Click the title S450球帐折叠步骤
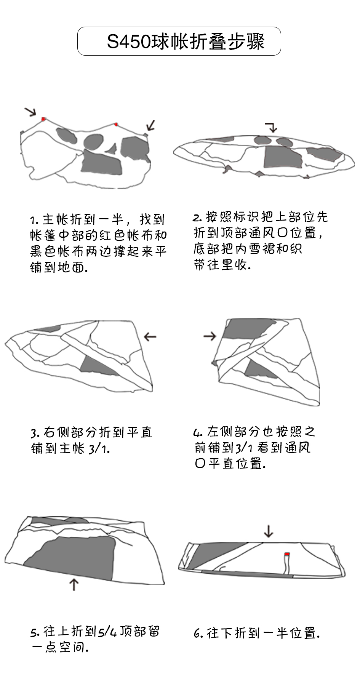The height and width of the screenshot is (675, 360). pyautogui.click(x=186, y=42)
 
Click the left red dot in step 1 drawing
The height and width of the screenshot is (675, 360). pyautogui.click(x=44, y=119)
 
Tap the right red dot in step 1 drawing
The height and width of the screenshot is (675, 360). pyautogui.click(x=116, y=124)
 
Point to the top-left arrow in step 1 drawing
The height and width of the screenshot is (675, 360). pyautogui.click(x=30, y=112)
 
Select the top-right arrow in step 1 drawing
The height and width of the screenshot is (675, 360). pyautogui.click(x=151, y=125)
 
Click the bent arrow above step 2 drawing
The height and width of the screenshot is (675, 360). pyautogui.click(x=271, y=127)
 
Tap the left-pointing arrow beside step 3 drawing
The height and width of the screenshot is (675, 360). pyautogui.click(x=150, y=337)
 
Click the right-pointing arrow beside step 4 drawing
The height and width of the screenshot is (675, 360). pyautogui.click(x=210, y=336)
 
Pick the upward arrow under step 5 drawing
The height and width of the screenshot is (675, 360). pyautogui.click(x=74, y=584)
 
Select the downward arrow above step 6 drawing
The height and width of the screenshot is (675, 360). pyautogui.click(x=269, y=531)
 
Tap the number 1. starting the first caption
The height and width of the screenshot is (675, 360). pyautogui.click(x=34, y=221)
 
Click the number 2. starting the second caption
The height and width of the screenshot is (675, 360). pyautogui.click(x=197, y=218)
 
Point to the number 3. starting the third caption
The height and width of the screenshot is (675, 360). pyautogui.click(x=35, y=433)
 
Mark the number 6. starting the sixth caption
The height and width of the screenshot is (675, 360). pyautogui.click(x=198, y=633)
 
